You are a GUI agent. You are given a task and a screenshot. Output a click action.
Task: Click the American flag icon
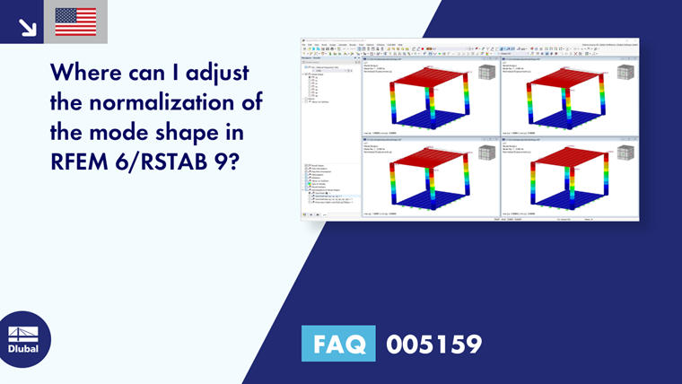[75, 21]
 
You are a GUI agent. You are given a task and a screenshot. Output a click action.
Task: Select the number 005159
[433, 344]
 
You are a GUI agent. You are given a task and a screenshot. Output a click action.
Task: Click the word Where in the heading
[90, 72]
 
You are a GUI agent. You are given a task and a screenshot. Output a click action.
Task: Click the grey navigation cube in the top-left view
[486, 72]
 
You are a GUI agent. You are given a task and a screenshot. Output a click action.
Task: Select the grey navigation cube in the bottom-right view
[625, 153]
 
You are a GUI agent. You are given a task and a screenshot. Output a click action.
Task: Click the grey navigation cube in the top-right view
[625, 72]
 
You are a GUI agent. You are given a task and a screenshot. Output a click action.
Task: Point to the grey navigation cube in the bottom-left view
[486, 153]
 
